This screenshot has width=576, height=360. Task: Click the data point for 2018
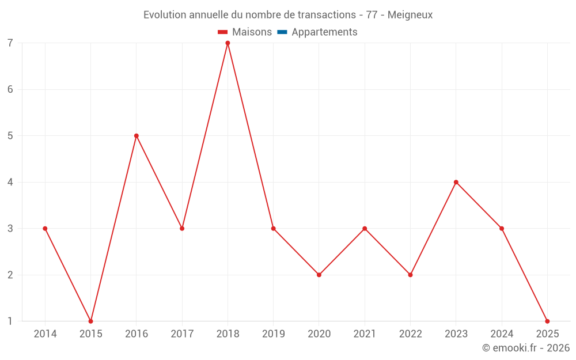click(x=228, y=43)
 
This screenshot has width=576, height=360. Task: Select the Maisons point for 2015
click(x=90, y=321)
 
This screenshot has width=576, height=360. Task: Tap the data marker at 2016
click(x=137, y=136)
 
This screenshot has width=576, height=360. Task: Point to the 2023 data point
click(x=456, y=182)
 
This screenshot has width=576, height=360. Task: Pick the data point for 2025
click(x=547, y=321)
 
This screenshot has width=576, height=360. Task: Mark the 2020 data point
click(x=319, y=275)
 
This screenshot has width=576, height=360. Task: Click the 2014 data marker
click(x=45, y=229)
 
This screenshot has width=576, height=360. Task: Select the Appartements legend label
click(x=324, y=32)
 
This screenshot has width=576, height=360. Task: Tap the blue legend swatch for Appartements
click(x=282, y=32)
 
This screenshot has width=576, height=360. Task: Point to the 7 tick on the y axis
click(x=10, y=43)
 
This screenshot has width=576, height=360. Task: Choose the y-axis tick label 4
click(x=10, y=182)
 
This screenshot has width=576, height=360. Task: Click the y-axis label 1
click(x=10, y=321)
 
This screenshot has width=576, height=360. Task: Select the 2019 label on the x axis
click(x=273, y=334)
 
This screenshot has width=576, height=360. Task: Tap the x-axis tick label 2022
click(x=410, y=334)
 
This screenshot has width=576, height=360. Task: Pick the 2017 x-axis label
click(x=182, y=334)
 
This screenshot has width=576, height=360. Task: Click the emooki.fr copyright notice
click(x=525, y=348)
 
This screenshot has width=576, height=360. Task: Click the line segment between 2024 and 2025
click(x=524, y=275)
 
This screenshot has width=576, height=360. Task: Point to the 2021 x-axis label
click(x=365, y=334)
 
